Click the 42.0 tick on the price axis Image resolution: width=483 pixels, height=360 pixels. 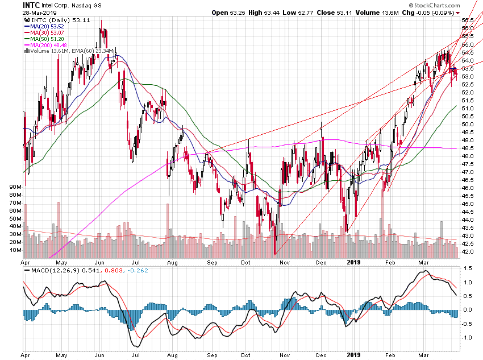coord(468,251)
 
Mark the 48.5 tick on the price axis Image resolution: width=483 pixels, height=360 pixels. coord(468,148)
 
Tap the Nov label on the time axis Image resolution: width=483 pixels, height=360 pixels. coord(285,262)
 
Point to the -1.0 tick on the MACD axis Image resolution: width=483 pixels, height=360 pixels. coord(468,337)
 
